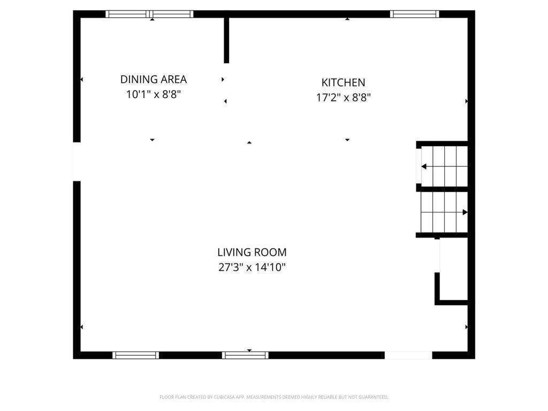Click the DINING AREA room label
tap(154, 80)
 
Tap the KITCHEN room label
tap(343, 82)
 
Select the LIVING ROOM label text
tap(252, 252)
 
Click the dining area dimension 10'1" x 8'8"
tap(154, 95)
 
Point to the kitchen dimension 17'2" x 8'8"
tap(343, 97)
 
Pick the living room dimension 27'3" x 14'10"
tap(252, 267)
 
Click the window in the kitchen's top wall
tap(414, 14)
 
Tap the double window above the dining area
tap(149, 14)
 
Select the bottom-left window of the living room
tap(135, 355)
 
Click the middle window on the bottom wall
tap(245, 355)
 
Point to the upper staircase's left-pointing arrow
tap(424, 166)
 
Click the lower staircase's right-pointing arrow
tap(465, 212)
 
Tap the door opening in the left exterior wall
tap(77, 161)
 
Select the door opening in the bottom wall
tap(408, 355)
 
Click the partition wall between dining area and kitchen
tap(226, 41)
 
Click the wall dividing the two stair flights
tap(442, 188)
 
